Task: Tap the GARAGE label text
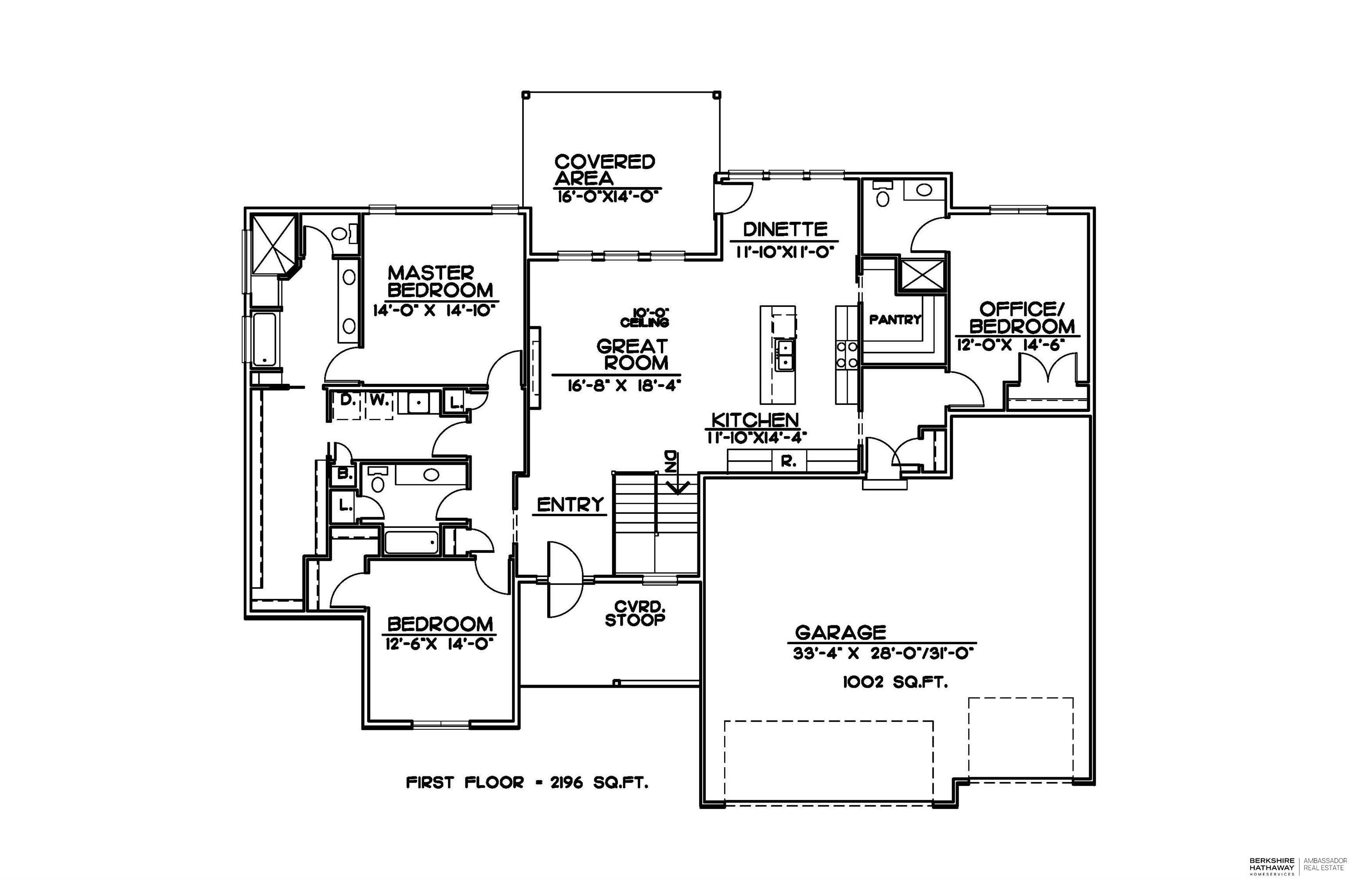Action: (x=840, y=632)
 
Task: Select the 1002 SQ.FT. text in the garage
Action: (x=895, y=682)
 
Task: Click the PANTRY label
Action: (x=895, y=320)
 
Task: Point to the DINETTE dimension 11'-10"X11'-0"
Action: (x=786, y=252)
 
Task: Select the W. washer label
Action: (x=379, y=400)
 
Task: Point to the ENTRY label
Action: (x=570, y=504)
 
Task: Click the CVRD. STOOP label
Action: (x=635, y=614)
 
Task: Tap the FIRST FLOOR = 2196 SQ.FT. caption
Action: (x=527, y=783)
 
